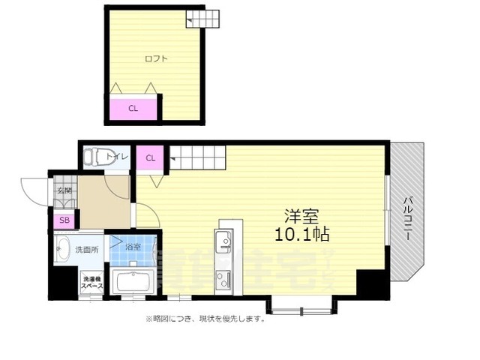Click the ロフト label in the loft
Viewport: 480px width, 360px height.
(x=155, y=58)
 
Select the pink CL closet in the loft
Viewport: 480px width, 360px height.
(x=133, y=108)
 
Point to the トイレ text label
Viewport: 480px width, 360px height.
(x=118, y=157)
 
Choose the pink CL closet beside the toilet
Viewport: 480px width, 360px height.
(x=150, y=157)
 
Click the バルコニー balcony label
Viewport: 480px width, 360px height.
(x=408, y=218)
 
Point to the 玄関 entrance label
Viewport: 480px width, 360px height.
(x=64, y=192)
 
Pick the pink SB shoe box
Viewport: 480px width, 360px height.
(x=64, y=220)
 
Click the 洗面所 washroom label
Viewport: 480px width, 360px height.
(x=85, y=248)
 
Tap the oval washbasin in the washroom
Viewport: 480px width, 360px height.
(x=63, y=249)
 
